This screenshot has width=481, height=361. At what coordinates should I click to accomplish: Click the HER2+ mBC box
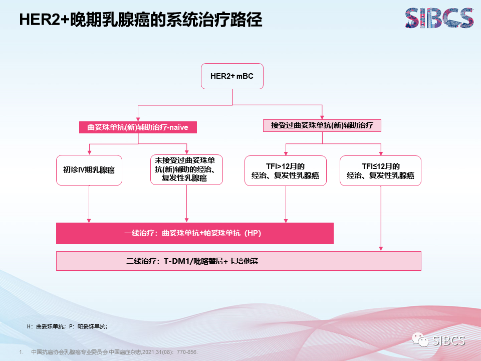(232, 76)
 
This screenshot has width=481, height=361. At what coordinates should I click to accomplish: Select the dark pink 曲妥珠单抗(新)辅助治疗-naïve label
(138, 127)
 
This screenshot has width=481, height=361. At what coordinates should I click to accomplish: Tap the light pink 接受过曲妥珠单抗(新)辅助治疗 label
(322, 125)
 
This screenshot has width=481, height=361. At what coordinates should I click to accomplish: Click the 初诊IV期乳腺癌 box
(89, 170)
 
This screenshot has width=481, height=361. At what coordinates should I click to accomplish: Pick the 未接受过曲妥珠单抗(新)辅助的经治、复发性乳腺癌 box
(187, 169)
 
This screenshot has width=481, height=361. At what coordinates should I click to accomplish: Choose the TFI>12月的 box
(286, 170)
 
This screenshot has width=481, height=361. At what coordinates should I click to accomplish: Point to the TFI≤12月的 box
(381, 170)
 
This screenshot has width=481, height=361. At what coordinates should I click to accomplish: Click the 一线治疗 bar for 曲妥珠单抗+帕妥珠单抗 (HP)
(195, 234)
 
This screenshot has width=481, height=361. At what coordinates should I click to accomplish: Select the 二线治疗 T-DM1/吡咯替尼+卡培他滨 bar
(238, 261)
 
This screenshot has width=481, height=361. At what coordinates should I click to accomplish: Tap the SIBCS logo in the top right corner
(439, 18)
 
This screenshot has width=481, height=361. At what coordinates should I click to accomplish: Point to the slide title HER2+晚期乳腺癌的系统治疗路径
(140, 20)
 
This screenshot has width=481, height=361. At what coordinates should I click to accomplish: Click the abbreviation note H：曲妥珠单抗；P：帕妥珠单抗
(67, 326)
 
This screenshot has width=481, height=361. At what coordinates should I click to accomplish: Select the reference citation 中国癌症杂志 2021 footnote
(114, 352)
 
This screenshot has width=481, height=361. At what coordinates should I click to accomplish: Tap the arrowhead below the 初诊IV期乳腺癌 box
(89, 220)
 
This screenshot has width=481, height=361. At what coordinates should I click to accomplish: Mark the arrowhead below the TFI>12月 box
(286, 220)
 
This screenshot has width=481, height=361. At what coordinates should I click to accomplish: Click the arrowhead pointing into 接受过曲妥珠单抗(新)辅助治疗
(322, 116)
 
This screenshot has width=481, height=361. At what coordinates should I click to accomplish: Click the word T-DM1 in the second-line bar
(174, 261)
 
